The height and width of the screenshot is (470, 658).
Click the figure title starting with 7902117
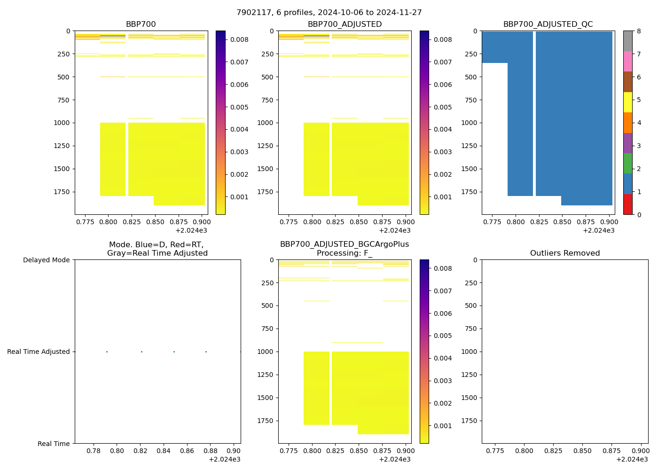tap(329, 13)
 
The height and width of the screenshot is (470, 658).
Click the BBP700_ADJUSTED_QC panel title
tap(548, 24)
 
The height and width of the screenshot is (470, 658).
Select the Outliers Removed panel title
tap(565, 253)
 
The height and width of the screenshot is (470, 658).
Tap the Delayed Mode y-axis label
tap(46, 260)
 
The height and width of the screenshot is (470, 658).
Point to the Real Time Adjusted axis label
tap(39, 352)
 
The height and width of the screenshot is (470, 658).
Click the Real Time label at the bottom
tap(54, 444)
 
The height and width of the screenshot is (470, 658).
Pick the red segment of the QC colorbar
tap(628, 204)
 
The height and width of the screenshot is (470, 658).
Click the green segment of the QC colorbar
tap(628, 164)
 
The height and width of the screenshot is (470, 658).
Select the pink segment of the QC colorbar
tap(628, 61)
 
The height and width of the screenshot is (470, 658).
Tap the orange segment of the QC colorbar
tap(628, 123)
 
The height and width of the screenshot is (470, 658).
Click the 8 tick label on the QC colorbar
tap(639, 31)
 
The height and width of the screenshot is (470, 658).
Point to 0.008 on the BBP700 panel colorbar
tap(239, 39)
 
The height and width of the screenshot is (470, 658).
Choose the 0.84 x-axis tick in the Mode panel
tap(163, 451)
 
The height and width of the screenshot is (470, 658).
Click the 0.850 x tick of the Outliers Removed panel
tap(582, 451)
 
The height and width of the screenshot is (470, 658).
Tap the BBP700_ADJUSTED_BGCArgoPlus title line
tap(345, 244)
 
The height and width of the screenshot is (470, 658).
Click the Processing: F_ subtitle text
tap(345, 253)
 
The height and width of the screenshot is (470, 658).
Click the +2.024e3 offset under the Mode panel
tap(224, 459)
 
